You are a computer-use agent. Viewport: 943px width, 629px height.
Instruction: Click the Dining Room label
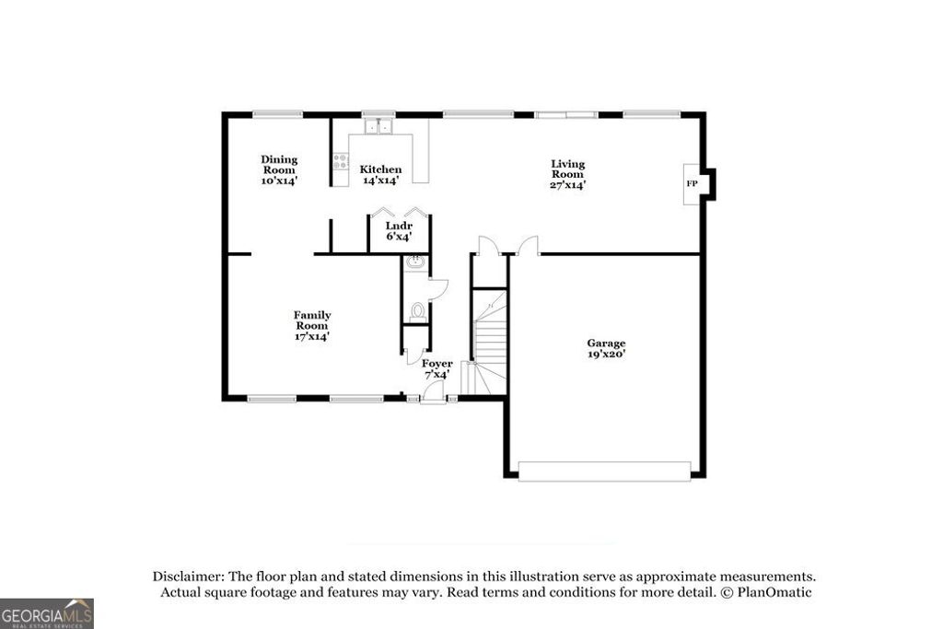click(x=278, y=165)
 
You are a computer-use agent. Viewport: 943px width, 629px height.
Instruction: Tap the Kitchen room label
click(x=380, y=169)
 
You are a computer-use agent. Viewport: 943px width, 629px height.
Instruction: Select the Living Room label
click(x=567, y=169)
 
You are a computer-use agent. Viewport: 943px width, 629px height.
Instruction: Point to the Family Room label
click(x=312, y=320)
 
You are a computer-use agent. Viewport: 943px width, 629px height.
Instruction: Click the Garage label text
click(x=606, y=343)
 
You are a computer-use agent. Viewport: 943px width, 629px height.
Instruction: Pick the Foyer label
click(x=437, y=364)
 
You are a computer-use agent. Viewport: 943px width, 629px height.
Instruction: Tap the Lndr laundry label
click(x=398, y=226)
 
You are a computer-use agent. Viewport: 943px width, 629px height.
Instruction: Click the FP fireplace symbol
click(x=692, y=184)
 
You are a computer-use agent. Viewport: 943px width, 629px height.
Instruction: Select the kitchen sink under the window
click(x=378, y=127)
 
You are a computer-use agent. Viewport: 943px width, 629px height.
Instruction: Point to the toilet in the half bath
click(x=417, y=311)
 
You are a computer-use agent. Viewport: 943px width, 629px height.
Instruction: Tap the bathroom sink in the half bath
click(x=415, y=262)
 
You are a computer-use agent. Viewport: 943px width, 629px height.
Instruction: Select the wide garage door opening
click(x=604, y=471)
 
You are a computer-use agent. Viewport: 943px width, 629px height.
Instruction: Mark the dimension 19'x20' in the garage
click(x=606, y=354)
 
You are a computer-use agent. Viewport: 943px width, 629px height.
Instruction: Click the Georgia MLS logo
click(x=47, y=613)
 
